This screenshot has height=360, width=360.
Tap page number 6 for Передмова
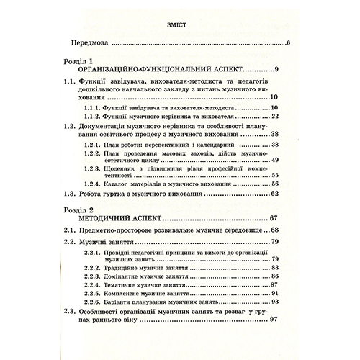pos(287,45)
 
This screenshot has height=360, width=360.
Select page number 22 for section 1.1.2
pos(274,117)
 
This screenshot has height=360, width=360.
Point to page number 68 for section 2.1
pos(274,230)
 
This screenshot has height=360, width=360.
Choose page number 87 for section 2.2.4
pos(274,286)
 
